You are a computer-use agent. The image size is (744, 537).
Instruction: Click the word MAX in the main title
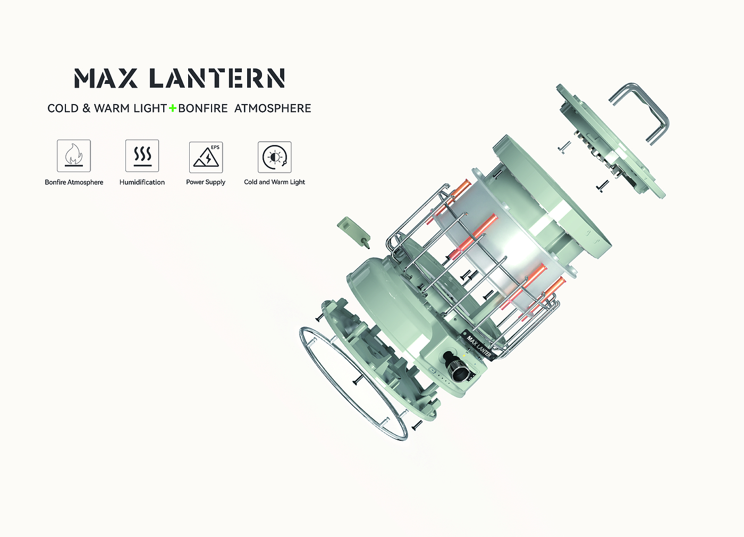[x=106, y=78]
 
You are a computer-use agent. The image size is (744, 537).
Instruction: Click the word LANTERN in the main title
[x=217, y=78]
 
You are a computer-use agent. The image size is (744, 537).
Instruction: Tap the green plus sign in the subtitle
[x=172, y=108]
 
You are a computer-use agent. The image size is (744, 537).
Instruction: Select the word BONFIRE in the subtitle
[x=203, y=108]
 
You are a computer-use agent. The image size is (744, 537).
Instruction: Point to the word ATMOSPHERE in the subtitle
[x=273, y=108]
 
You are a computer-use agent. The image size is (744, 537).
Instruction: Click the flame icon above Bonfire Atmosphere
[x=74, y=156]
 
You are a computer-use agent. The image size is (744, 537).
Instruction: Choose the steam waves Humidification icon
[x=142, y=156]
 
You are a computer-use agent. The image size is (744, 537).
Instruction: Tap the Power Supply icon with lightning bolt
[x=206, y=157]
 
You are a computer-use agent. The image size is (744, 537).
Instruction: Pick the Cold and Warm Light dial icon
[x=275, y=157]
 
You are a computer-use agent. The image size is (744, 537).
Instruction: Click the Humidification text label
[x=142, y=182]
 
